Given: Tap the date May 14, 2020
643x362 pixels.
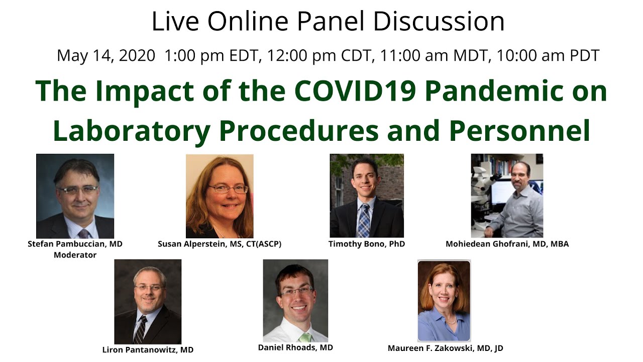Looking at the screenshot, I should (106, 55).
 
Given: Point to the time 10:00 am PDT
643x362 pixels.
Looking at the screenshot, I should (548, 55).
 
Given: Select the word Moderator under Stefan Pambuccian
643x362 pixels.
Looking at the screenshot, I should (75, 254).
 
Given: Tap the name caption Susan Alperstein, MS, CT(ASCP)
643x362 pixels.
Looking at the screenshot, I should (219, 244).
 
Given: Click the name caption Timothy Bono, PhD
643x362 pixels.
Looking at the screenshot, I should (366, 244).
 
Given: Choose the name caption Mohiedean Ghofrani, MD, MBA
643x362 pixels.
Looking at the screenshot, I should (507, 244).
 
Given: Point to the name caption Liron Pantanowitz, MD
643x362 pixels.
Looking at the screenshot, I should (147, 349).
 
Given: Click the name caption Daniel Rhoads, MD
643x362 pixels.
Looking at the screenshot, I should (295, 347).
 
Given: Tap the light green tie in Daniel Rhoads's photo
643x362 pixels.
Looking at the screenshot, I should (305, 336).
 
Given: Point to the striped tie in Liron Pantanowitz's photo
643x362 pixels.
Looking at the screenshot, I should (141, 329).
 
